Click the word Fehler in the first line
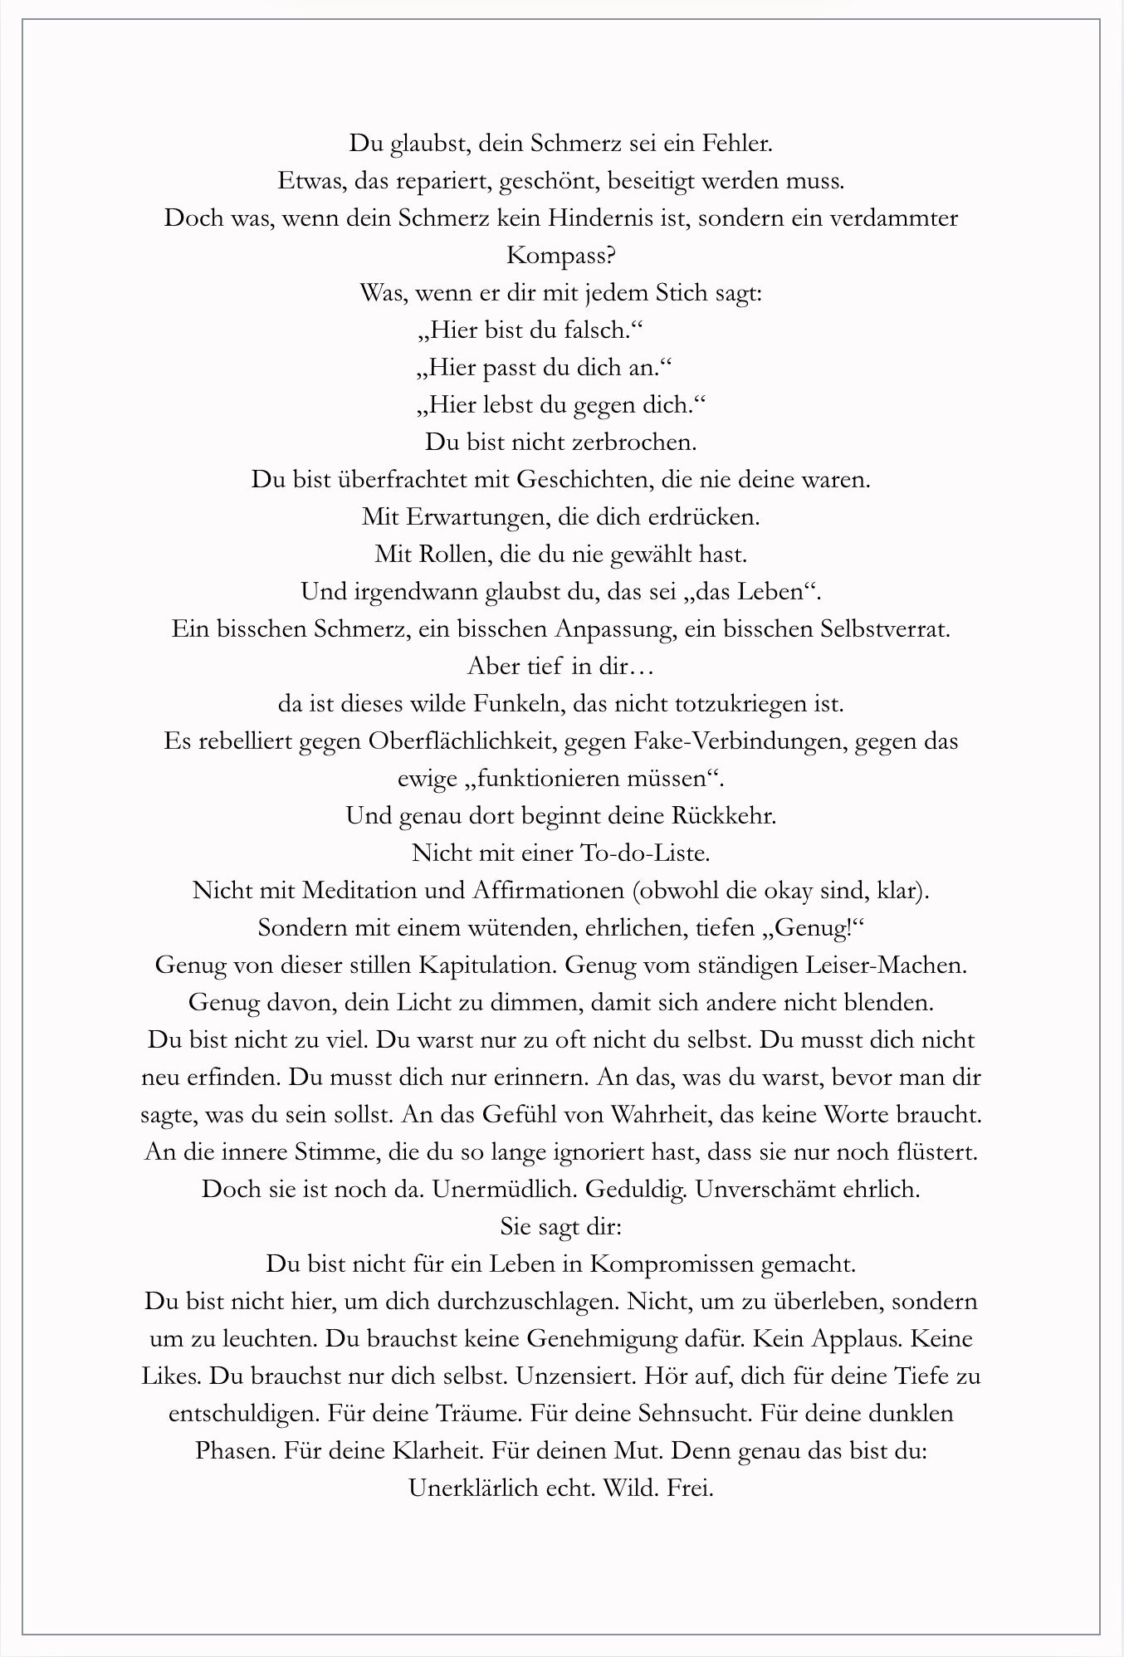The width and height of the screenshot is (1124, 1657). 737,144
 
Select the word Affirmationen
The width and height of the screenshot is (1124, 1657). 548,891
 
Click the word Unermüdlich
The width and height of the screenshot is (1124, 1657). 506,1190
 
